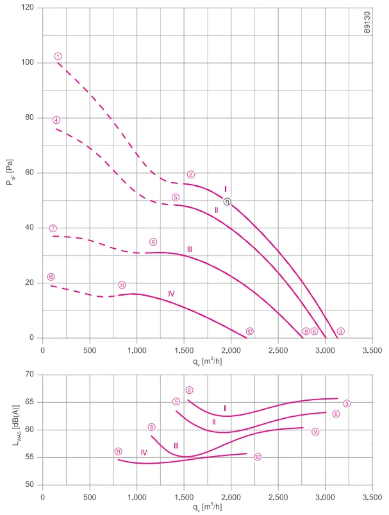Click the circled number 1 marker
point(58,56)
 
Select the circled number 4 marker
point(56,120)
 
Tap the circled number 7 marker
point(53,228)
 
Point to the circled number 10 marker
point(51,277)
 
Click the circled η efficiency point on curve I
point(227,201)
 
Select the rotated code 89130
point(367,22)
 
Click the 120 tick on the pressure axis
point(28,7)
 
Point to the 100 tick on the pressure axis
point(28,62)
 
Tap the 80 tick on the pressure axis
point(29,117)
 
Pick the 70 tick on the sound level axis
point(29,375)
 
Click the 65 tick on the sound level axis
point(29,402)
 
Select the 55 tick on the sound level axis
point(29,457)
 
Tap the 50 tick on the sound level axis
point(29,484)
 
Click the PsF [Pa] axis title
point(10,172)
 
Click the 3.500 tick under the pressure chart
point(372,350)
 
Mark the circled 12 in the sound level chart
point(258,457)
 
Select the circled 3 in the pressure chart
point(341,331)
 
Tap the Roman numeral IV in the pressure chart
point(171,294)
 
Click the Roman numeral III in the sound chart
point(176,446)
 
